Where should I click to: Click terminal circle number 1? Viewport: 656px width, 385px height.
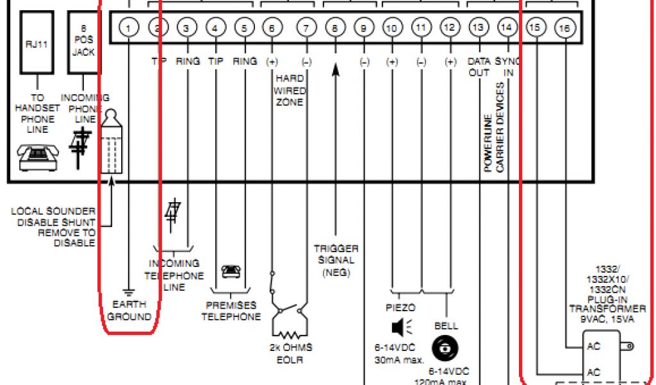click(x=129, y=28)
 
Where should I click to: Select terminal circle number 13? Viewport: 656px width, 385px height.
click(x=477, y=28)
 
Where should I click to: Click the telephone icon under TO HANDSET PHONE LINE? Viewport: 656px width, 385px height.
click(x=38, y=157)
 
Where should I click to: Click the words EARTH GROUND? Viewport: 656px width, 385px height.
click(x=129, y=310)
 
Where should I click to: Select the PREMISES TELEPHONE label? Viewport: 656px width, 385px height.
click(x=231, y=311)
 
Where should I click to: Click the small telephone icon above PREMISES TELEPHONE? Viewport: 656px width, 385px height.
click(x=231, y=271)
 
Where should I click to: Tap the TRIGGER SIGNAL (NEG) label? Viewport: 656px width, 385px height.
click(x=336, y=260)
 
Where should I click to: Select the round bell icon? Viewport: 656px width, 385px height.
click(x=445, y=348)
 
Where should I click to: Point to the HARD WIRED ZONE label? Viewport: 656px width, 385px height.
click(x=290, y=90)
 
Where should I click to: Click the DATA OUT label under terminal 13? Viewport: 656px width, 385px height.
click(x=479, y=67)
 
